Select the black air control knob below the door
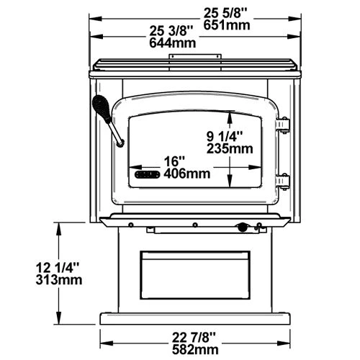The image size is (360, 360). click(243, 228)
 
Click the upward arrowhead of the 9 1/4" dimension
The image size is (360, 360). click(229, 114)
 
